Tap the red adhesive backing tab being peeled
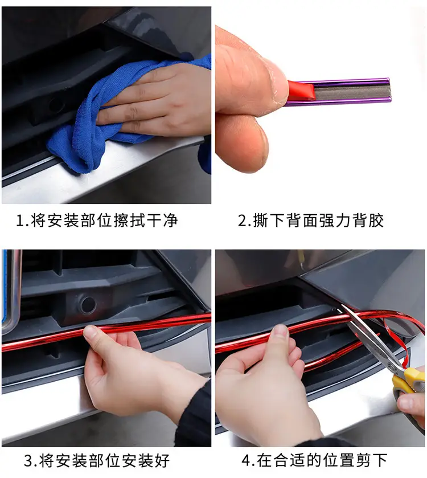coord(302,91)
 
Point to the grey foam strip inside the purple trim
coord(352,92)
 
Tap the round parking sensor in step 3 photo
coord(88,305)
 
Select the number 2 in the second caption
coord(243,220)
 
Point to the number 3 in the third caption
coord(28,461)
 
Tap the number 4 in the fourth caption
coord(247,461)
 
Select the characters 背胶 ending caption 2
coord(368,220)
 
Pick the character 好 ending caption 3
coord(162,461)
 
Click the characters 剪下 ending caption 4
coord(371,461)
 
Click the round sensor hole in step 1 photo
coord(56,106)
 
